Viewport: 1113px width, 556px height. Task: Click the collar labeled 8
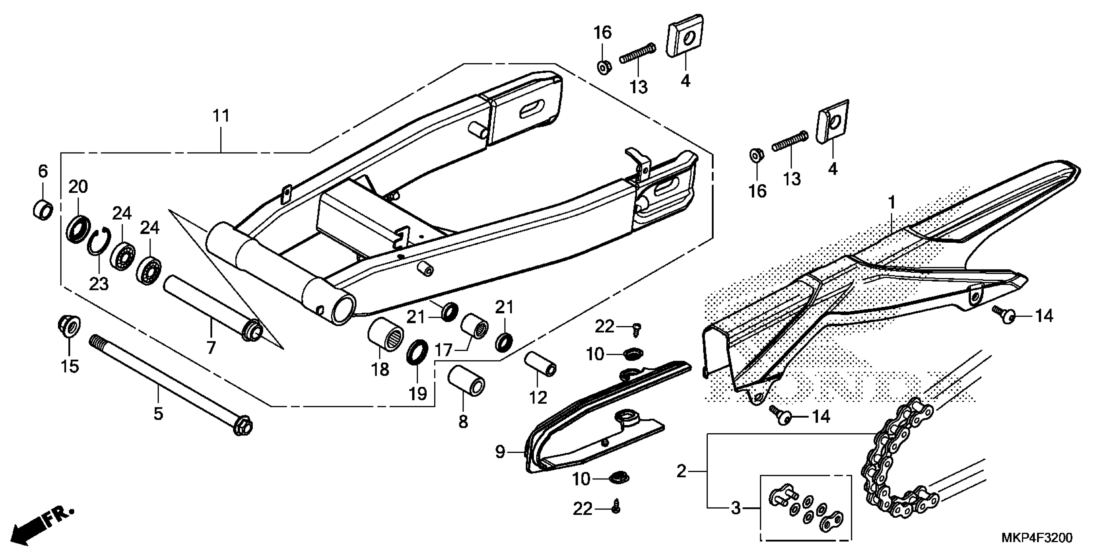466,380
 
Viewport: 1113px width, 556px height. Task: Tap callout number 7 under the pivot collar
210,347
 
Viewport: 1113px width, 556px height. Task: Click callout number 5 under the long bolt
158,413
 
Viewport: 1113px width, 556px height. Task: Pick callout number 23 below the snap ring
99,284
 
